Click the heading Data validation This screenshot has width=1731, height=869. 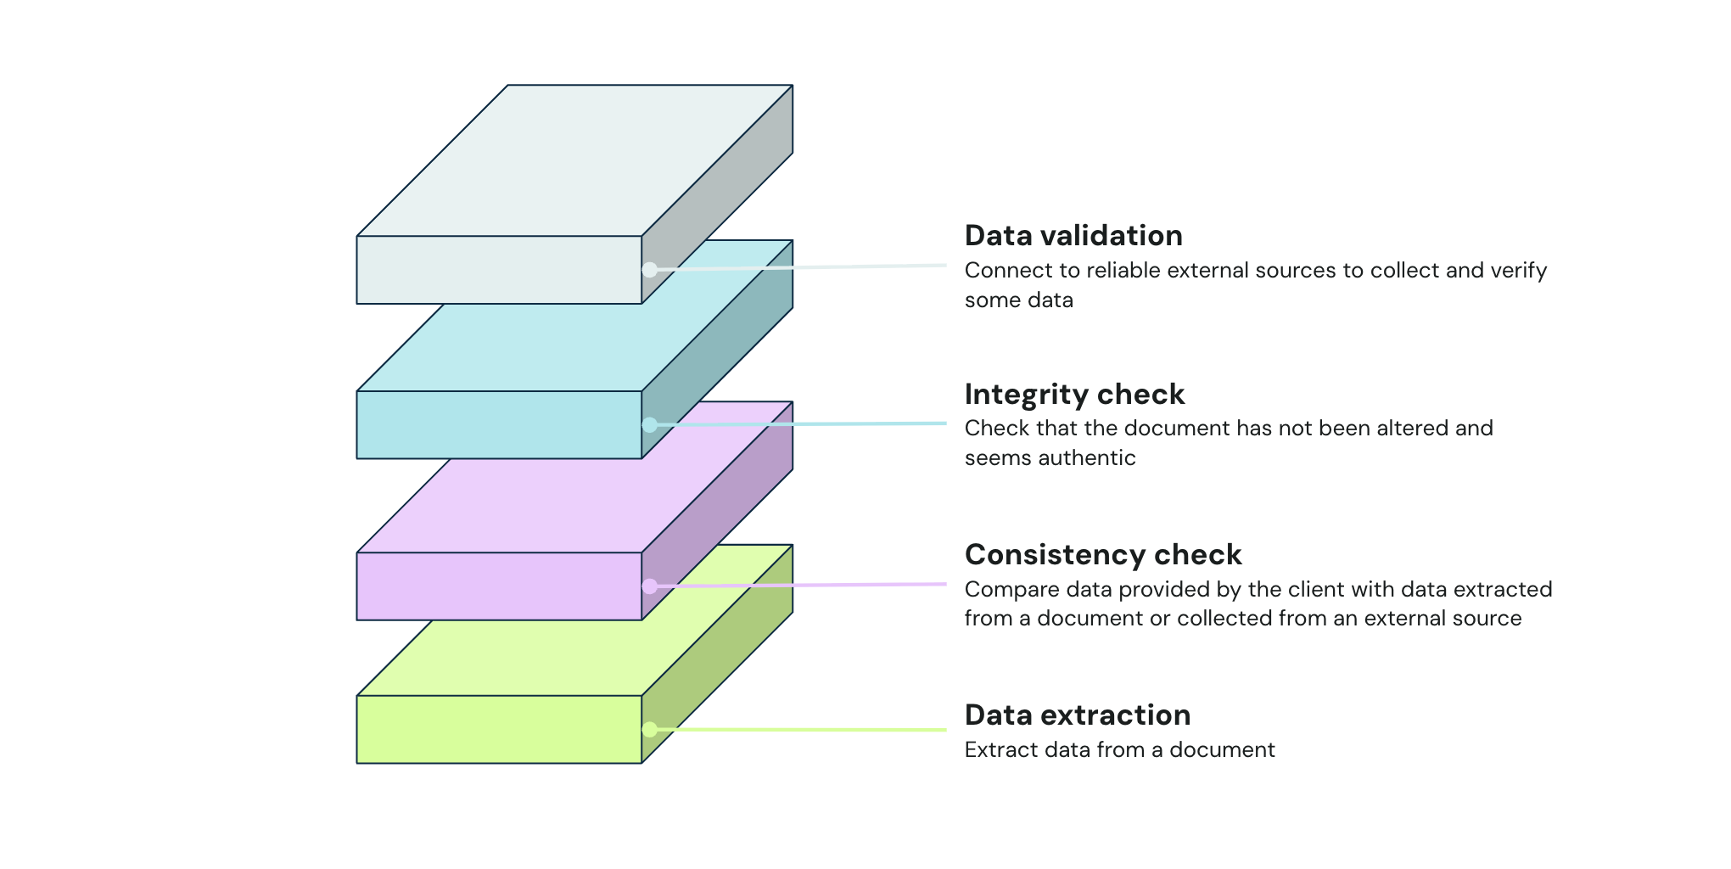1073,236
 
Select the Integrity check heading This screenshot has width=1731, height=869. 1074,395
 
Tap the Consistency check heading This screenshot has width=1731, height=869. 1103,555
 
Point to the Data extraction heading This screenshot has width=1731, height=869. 1078,715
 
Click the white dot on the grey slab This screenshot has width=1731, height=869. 649,270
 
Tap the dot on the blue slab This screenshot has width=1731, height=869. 649,424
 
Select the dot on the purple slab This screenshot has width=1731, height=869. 649,586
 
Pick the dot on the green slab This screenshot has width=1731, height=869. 649,729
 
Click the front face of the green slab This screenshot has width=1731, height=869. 499,729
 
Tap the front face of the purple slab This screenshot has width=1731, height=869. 499,586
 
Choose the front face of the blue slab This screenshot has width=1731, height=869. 499,424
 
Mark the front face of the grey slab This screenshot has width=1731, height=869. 499,270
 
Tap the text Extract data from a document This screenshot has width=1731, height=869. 1119,750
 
